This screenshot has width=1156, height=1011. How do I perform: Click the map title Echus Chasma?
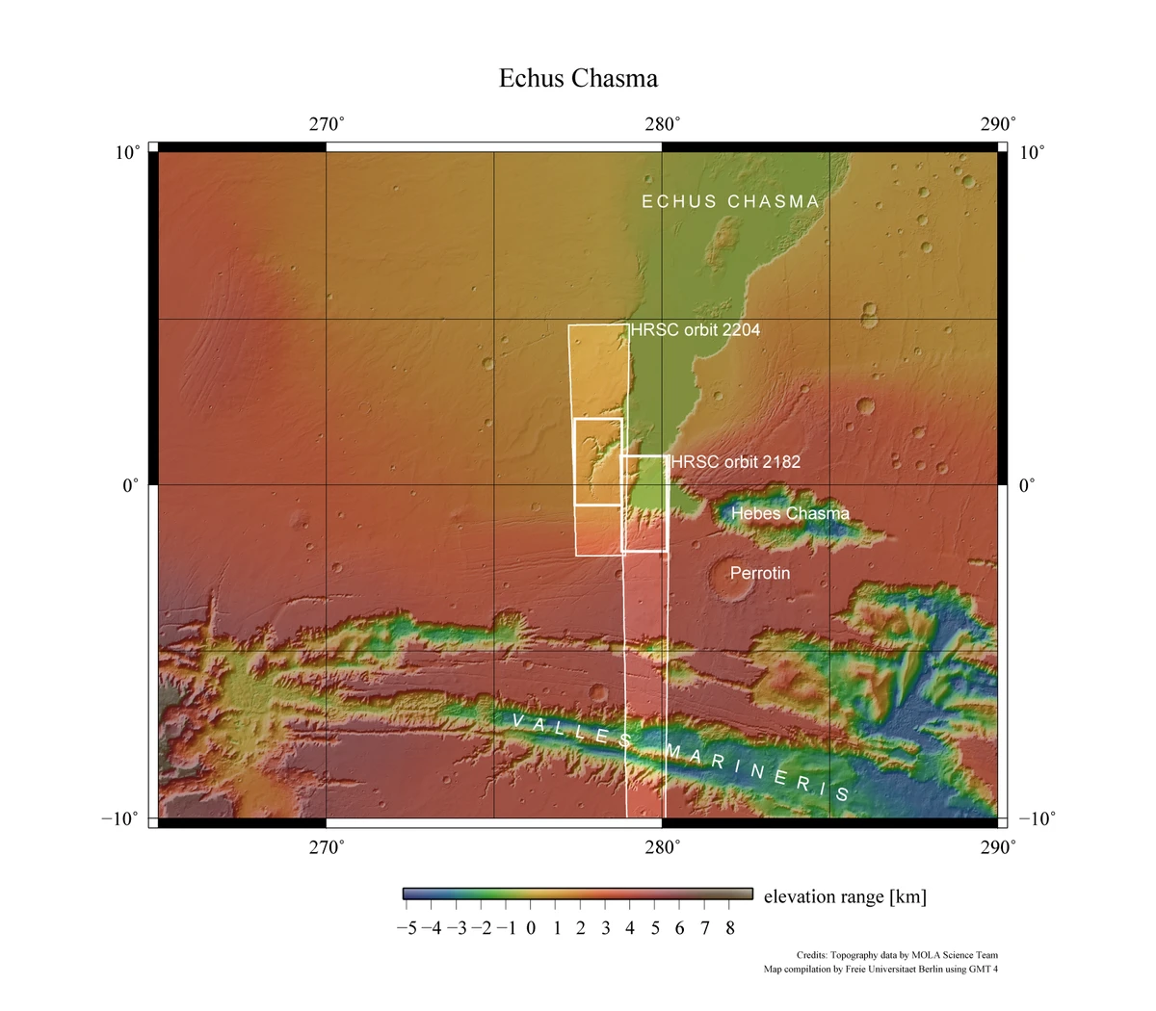(x=578, y=78)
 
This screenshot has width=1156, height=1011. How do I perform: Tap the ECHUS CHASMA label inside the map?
(x=730, y=201)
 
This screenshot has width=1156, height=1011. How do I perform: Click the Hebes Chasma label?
(x=790, y=513)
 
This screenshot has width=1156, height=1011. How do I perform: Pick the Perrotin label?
(x=760, y=573)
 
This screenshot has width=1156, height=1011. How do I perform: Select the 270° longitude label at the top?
(x=327, y=124)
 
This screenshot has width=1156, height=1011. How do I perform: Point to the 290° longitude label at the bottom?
(x=998, y=847)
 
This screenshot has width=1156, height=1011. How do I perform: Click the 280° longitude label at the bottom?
(x=663, y=847)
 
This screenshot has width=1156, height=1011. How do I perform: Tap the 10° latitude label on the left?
(x=128, y=152)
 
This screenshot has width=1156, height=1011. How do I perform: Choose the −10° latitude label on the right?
(x=1037, y=818)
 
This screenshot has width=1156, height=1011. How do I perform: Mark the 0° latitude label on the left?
(x=131, y=485)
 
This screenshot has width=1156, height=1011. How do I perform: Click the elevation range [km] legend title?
(x=845, y=896)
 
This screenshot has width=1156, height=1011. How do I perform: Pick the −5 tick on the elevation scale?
(x=406, y=928)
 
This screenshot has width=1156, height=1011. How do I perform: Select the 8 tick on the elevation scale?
(x=730, y=928)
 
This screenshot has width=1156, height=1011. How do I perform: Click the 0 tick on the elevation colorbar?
(x=531, y=928)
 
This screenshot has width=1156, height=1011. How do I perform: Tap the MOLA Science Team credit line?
(x=897, y=954)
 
